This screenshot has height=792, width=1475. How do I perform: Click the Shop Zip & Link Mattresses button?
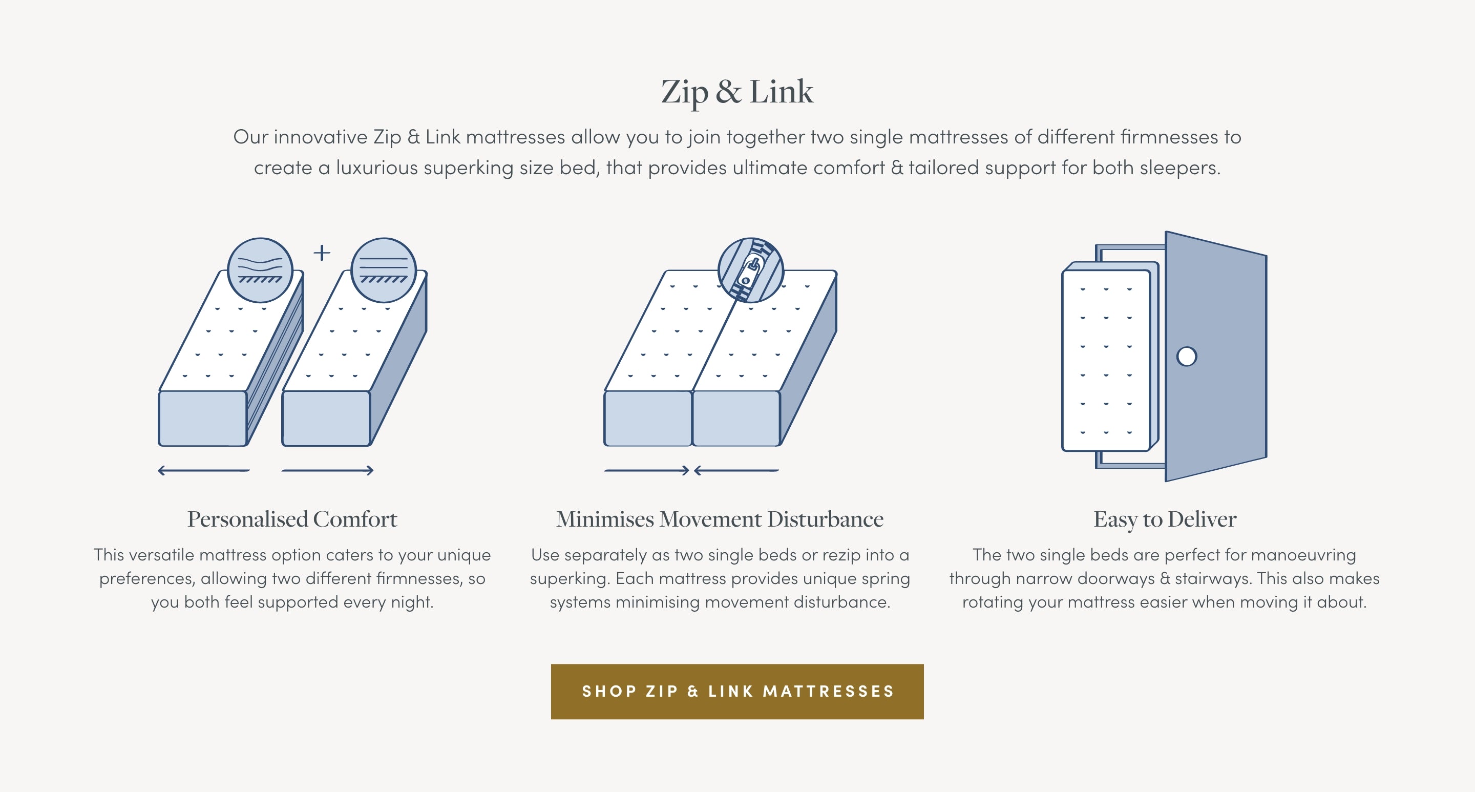click(x=737, y=691)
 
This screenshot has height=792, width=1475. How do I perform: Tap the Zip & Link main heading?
click(x=737, y=92)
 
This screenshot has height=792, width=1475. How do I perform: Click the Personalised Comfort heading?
click(x=292, y=519)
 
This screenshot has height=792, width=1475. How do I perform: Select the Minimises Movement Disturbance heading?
click(x=720, y=519)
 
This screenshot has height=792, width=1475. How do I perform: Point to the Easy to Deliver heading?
click(x=1165, y=519)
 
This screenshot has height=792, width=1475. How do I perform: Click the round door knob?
click(x=1187, y=356)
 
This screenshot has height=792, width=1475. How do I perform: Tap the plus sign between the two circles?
click(x=322, y=253)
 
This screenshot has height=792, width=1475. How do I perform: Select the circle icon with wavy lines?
click(x=260, y=270)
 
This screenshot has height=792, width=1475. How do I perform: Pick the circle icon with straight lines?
click(x=383, y=270)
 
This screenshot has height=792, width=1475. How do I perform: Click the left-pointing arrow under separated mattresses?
click(x=204, y=471)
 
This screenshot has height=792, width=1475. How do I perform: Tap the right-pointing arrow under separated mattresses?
click(x=328, y=471)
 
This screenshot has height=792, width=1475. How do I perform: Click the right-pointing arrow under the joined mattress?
click(x=647, y=471)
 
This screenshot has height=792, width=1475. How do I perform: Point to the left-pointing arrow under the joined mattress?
click(x=736, y=471)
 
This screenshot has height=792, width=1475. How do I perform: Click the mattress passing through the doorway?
click(x=1106, y=361)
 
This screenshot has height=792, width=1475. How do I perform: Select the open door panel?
click(x=1216, y=356)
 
